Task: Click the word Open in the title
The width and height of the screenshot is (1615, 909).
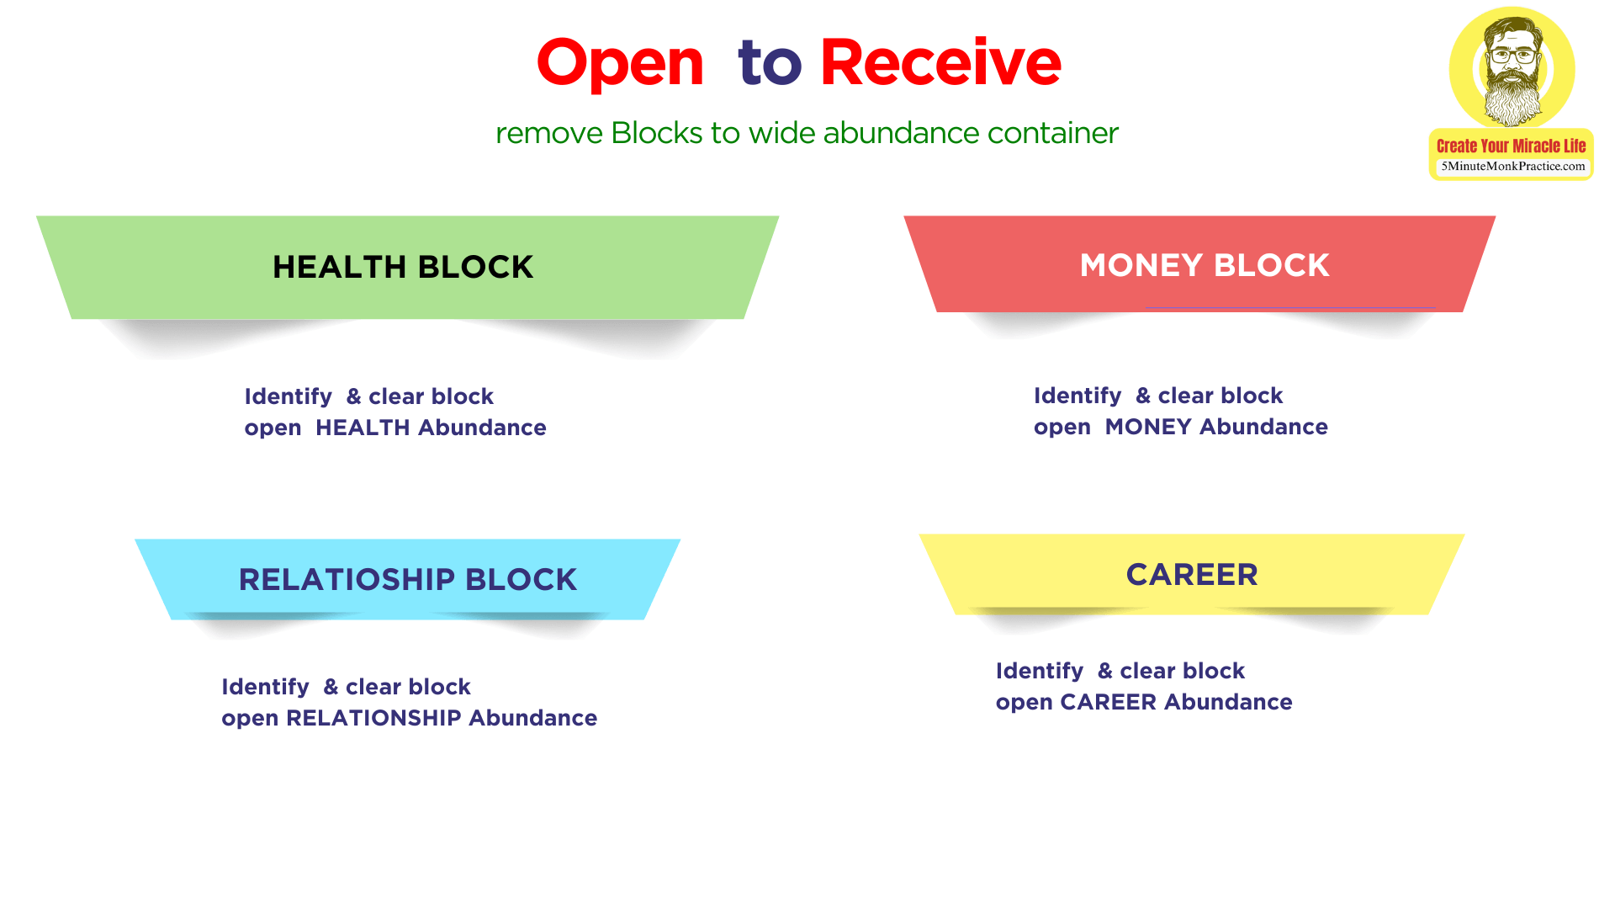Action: point(620,64)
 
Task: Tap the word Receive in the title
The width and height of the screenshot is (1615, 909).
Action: point(940,62)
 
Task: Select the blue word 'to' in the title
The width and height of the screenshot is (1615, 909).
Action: point(769,64)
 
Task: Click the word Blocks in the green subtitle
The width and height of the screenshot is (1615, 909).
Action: point(656,133)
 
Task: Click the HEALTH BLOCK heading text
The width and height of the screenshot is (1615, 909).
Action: point(403,267)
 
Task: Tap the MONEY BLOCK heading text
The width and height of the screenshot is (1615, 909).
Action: point(1204,265)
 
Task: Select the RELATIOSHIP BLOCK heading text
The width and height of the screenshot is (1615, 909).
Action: point(407,579)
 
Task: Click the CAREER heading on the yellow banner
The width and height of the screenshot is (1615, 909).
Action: point(1192,574)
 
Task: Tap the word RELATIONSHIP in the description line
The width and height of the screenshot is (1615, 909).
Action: point(373,718)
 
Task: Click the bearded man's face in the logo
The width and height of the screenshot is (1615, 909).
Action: point(1512,63)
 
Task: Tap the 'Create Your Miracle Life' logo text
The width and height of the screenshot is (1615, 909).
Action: point(1511,146)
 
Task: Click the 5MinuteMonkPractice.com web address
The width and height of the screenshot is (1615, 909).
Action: point(1512,166)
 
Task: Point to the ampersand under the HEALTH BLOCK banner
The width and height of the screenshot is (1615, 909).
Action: point(353,396)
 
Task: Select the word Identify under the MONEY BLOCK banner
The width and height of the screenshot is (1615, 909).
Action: point(1078,396)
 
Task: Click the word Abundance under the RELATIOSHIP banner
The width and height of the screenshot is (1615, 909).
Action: point(532,718)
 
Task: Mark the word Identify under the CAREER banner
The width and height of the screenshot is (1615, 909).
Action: point(1040,671)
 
